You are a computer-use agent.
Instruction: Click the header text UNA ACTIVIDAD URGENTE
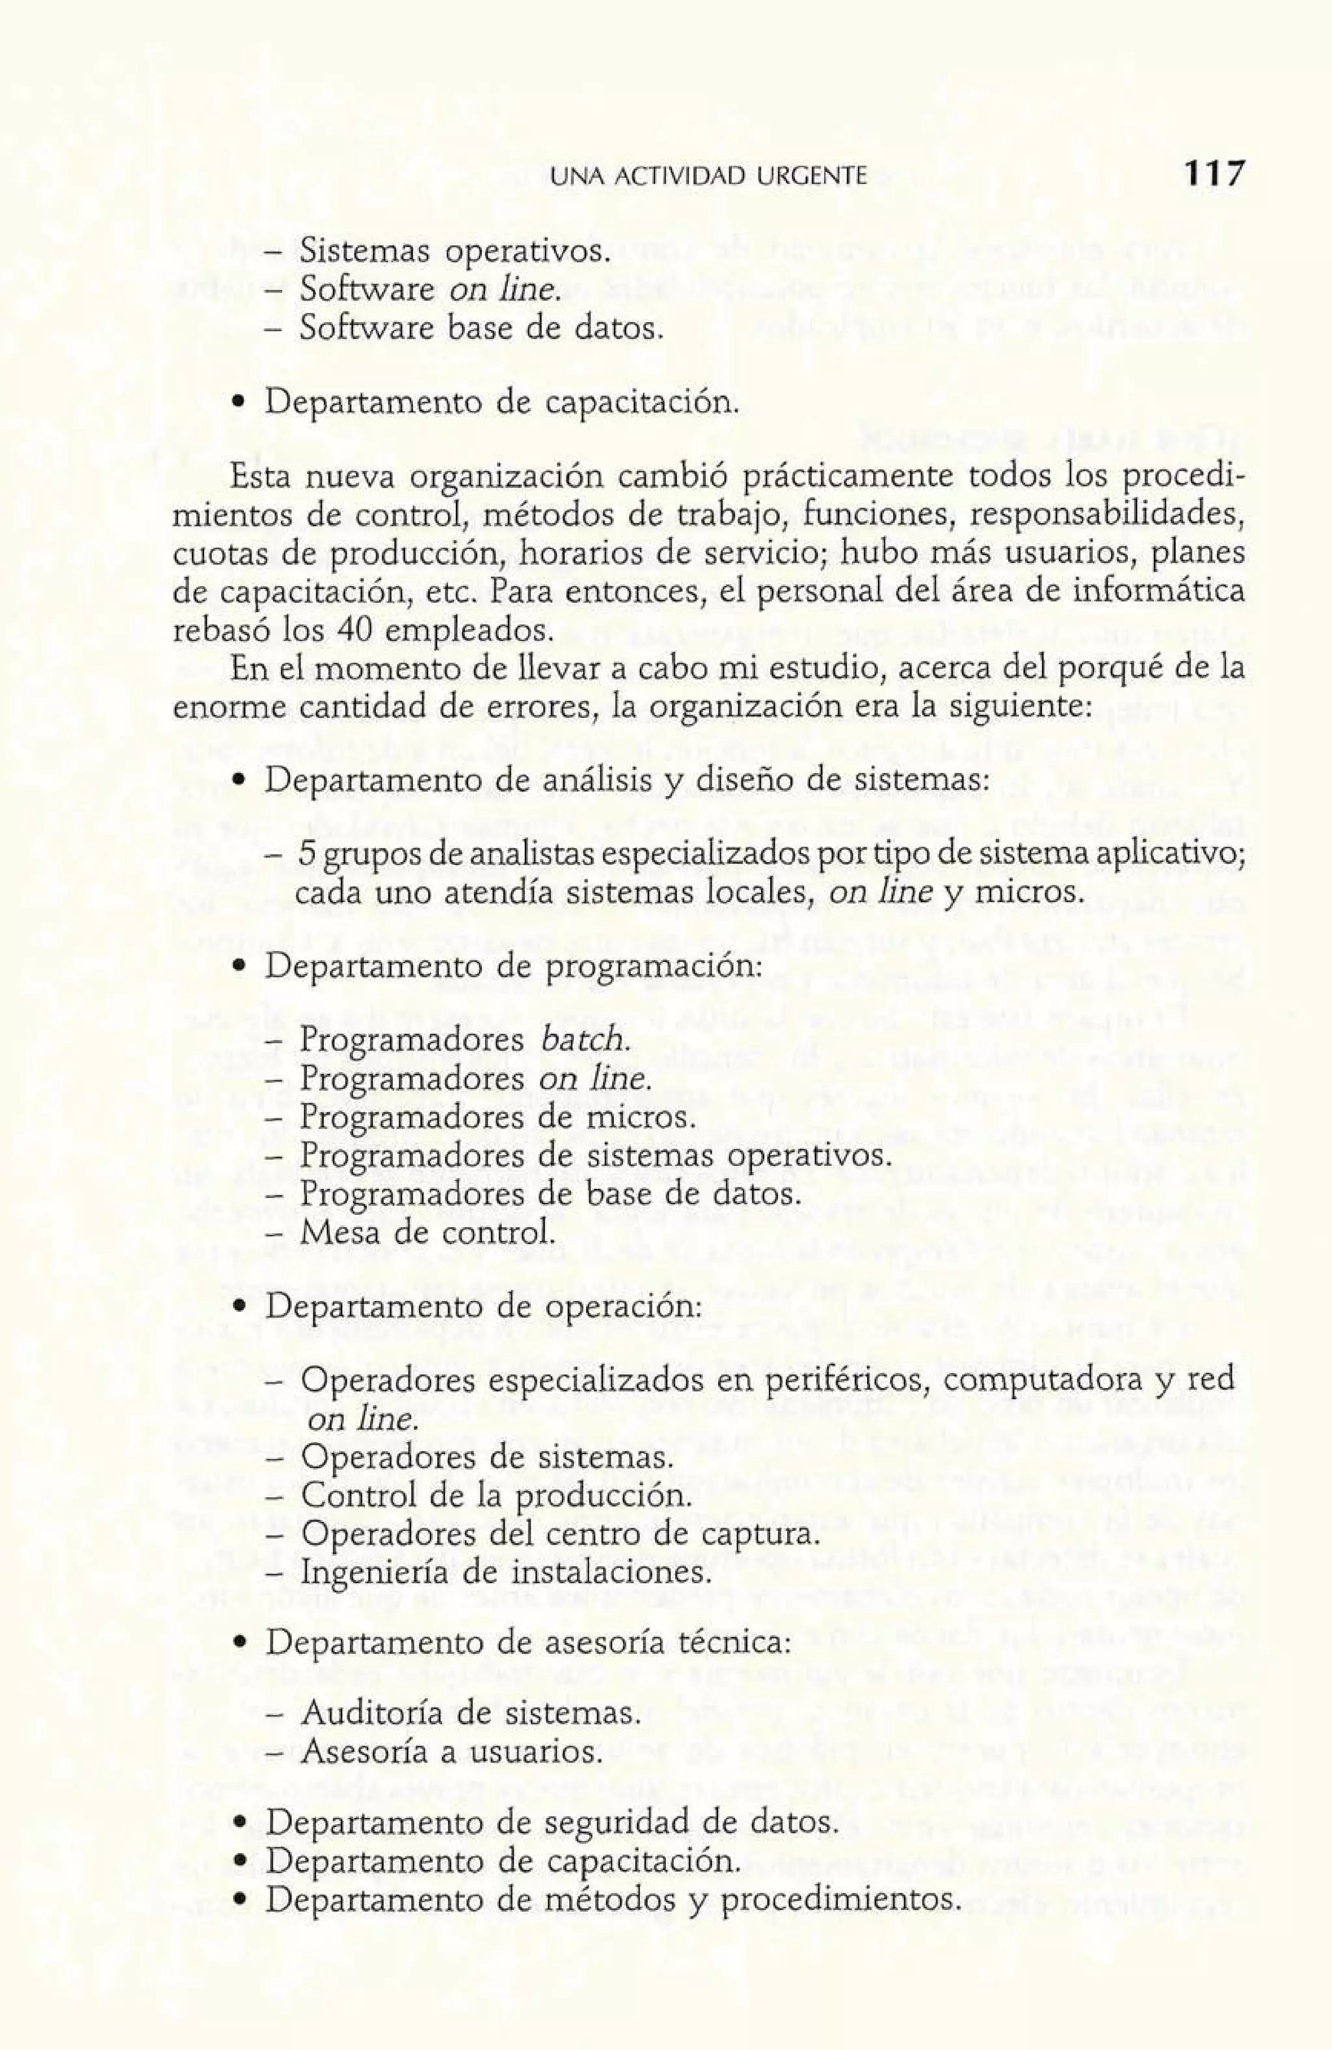pos(708,178)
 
